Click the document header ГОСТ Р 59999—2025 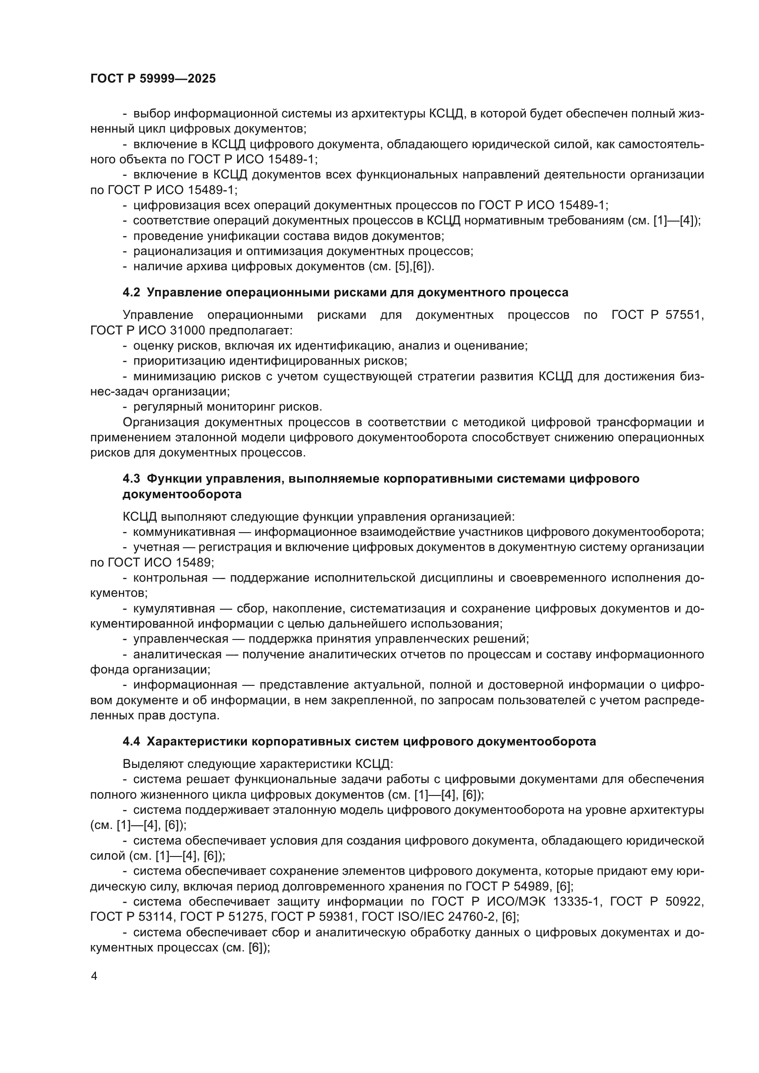(x=153, y=78)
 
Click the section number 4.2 (x=131, y=293)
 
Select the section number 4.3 (x=131, y=478)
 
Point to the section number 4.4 (x=131, y=742)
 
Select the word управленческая (x=181, y=639)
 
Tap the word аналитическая (x=177, y=654)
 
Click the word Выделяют (x=153, y=764)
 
